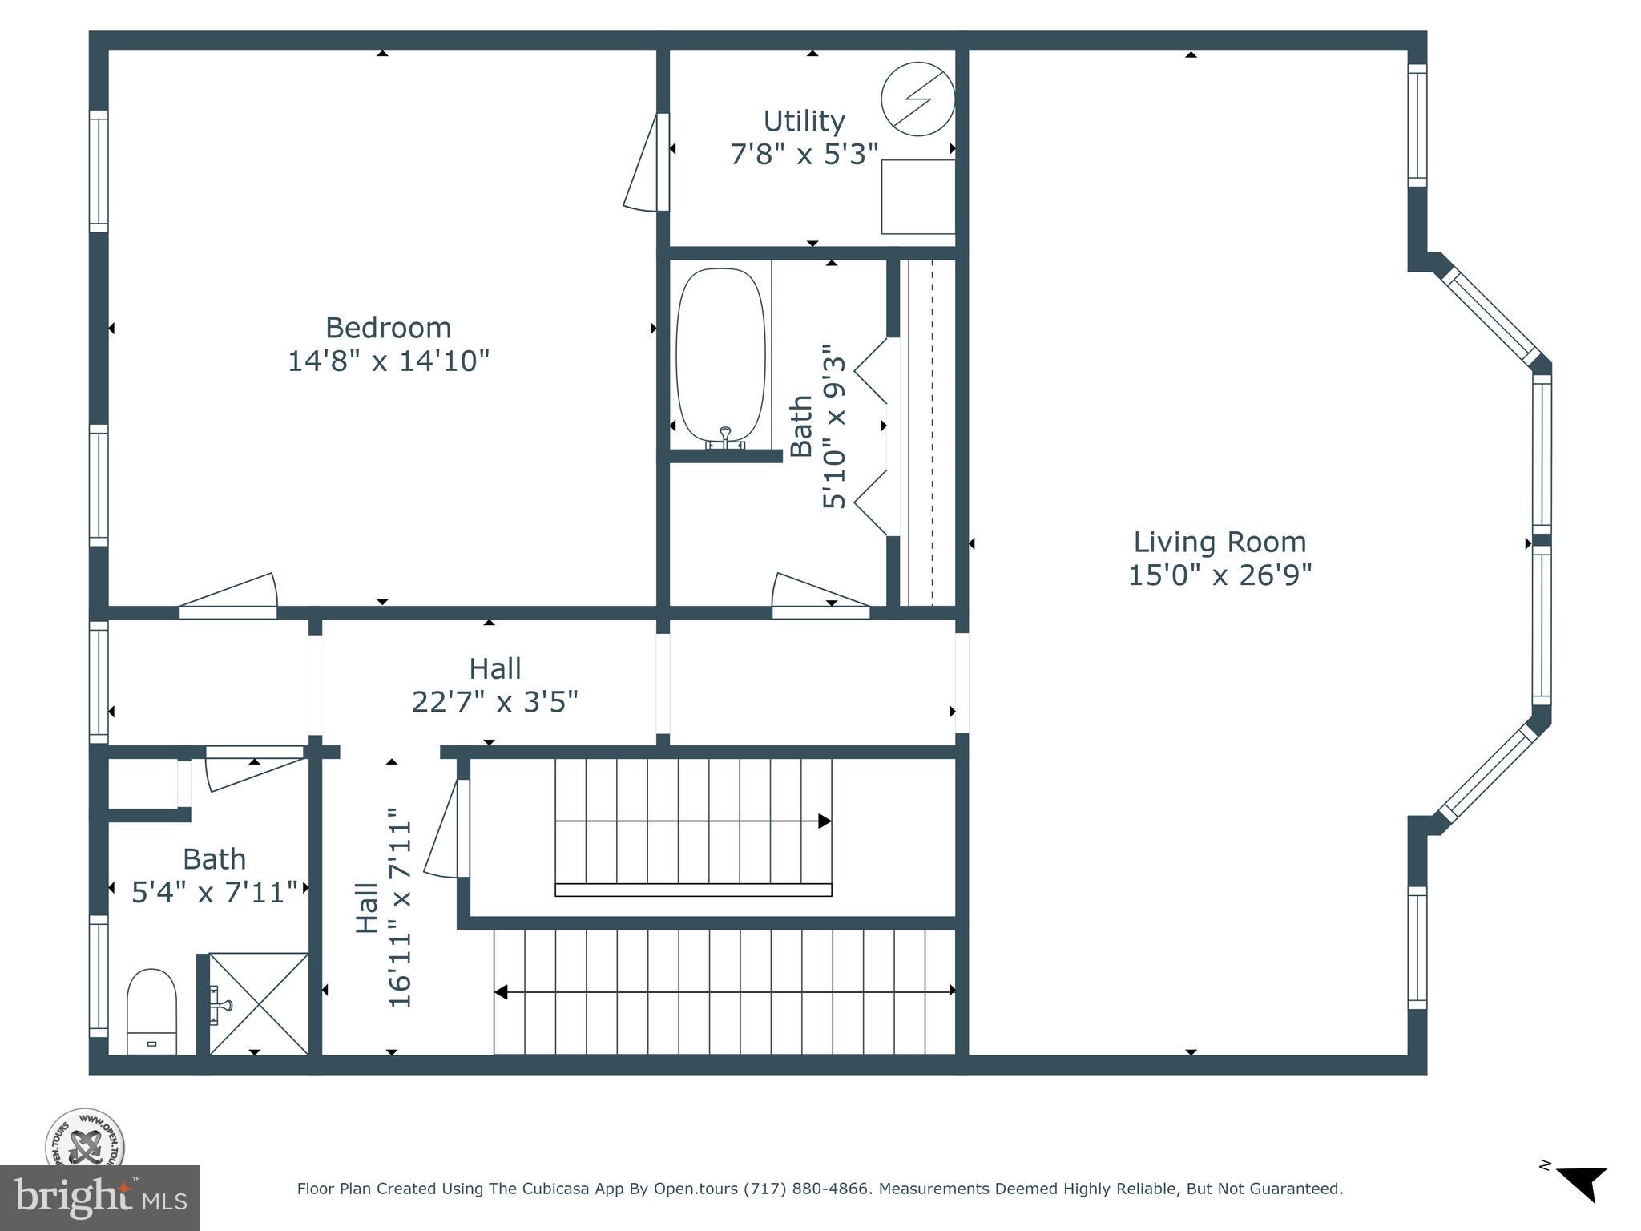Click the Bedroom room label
pyautogui.click(x=388, y=328)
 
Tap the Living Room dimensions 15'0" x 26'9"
pyautogui.click(x=1220, y=575)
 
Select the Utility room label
pyautogui.click(x=804, y=121)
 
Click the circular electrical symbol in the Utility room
pyautogui.click(x=917, y=99)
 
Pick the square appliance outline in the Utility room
pyautogui.click(x=917, y=196)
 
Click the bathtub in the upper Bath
pyautogui.click(x=720, y=356)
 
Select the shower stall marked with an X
pyautogui.click(x=258, y=1003)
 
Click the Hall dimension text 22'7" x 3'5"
pyautogui.click(x=494, y=702)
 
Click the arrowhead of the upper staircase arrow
pyautogui.click(x=824, y=821)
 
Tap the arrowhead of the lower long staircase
pyautogui.click(x=502, y=992)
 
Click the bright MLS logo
pyautogui.click(x=99, y=1198)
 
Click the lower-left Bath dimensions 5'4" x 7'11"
pyautogui.click(x=214, y=891)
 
